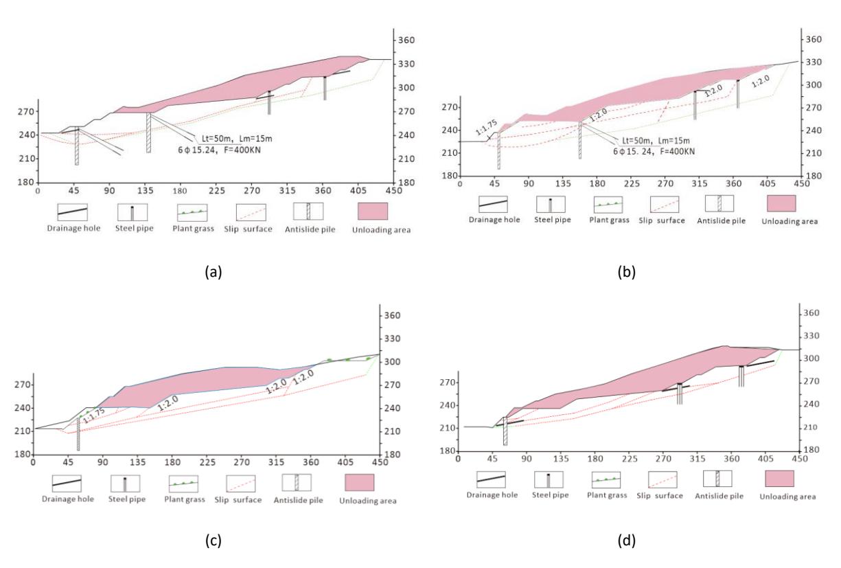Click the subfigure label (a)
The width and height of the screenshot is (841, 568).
tap(214, 271)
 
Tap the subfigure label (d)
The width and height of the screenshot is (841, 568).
tap(627, 541)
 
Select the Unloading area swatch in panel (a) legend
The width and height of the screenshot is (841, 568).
tap(373, 211)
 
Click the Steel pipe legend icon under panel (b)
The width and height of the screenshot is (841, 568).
tap(551, 205)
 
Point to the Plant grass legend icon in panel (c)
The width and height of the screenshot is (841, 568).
tap(183, 484)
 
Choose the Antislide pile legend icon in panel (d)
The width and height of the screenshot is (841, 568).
tap(717, 479)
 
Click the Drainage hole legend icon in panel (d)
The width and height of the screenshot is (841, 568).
tap(491, 479)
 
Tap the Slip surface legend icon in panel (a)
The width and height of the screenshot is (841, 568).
tap(251, 213)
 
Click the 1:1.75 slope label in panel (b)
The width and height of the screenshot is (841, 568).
tap(486, 127)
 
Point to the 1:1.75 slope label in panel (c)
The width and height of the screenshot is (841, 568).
tap(93, 416)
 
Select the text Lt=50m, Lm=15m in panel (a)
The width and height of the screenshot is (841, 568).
tap(237, 139)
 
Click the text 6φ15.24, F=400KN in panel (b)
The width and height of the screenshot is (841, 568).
tap(654, 151)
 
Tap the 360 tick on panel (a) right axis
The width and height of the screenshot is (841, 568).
tap(406, 41)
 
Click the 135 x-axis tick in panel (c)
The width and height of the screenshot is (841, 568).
tap(138, 462)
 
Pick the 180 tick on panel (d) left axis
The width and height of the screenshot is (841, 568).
tap(447, 451)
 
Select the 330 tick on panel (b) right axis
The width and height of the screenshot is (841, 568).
tap(814, 62)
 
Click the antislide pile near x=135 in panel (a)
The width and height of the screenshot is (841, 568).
tap(149, 133)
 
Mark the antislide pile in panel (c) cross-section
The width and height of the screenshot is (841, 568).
tap(78, 434)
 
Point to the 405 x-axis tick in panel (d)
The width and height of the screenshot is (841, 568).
tap(766, 459)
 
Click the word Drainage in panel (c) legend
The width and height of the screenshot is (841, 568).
tap(56, 499)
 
